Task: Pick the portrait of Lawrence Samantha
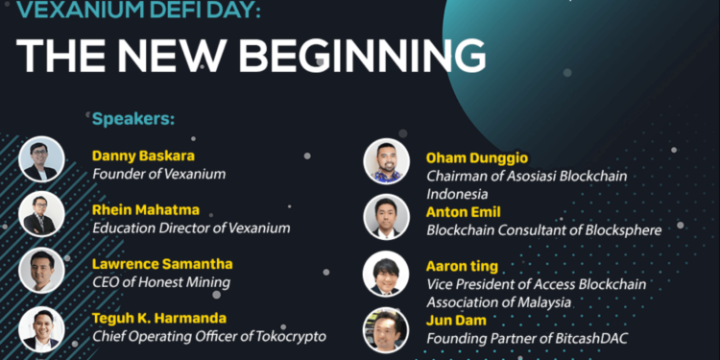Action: tap(41, 271)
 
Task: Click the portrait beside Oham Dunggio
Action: tap(386, 161)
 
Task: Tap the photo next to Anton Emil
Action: tap(386, 217)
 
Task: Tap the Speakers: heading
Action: tap(133, 120)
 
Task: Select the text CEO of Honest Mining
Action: tap(161, 282)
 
